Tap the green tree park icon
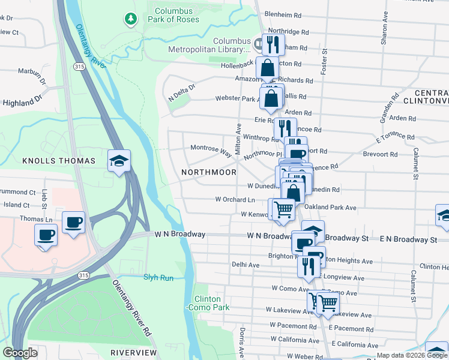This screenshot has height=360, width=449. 130,19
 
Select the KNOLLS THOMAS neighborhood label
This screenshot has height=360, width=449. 59,161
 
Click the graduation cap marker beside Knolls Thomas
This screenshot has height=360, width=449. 119,161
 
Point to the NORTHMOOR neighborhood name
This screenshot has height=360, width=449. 209,172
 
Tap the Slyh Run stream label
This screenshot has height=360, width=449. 158,277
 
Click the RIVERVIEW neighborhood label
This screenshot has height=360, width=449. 133,352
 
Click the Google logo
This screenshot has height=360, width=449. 20,353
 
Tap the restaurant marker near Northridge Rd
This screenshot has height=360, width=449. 273,44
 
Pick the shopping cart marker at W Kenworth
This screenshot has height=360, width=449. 283,209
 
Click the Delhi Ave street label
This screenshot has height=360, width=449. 246,264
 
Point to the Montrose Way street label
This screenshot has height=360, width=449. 211,150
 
